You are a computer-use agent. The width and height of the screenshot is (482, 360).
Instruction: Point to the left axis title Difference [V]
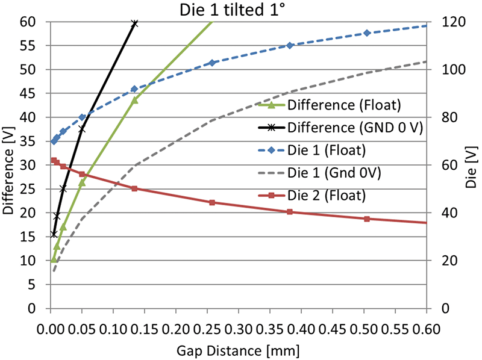pos(8,165)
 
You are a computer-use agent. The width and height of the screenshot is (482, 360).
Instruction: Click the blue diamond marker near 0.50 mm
pos(366,33)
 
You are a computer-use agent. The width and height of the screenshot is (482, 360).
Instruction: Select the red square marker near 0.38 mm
pos(290,212)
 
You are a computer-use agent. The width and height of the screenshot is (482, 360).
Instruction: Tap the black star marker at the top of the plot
pos(134,23)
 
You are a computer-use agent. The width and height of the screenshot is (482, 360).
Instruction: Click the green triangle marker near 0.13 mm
pos(134,100)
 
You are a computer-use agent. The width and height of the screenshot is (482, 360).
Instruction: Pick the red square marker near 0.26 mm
pos(212,202)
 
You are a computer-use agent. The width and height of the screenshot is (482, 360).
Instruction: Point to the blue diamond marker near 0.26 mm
pos(212,63)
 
